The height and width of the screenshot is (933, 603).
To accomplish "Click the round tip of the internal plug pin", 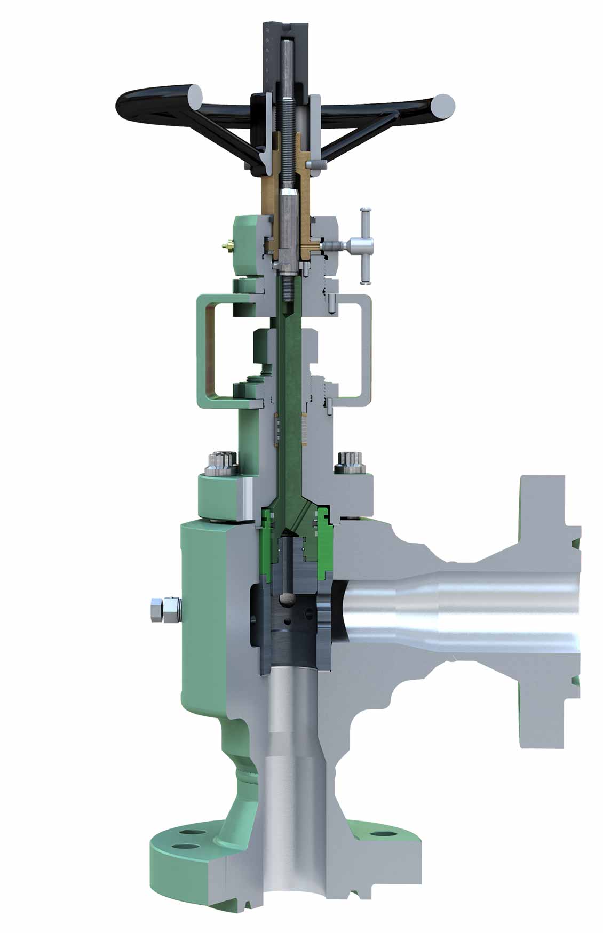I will (x=289, y=599).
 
